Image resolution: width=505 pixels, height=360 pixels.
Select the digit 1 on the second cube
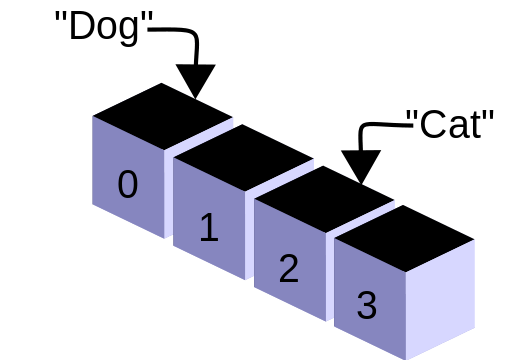208,228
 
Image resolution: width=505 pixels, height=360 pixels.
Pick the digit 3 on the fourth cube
366,305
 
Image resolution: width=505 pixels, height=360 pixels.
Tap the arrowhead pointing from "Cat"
360,166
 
